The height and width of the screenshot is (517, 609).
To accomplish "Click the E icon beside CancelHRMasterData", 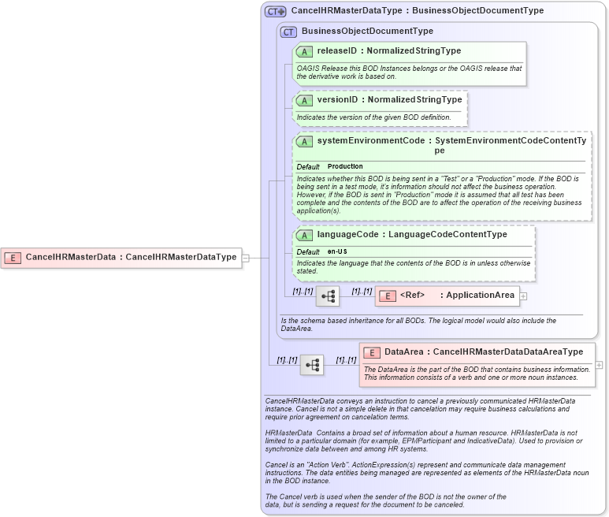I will (13, 257).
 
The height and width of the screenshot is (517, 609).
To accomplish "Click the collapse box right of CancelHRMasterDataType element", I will (246, 257).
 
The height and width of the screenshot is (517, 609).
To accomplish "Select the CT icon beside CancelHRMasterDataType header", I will (275, 12).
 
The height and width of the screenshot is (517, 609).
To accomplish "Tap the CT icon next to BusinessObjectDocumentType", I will (288, 32).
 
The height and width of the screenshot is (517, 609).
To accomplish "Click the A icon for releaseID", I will (303, 51).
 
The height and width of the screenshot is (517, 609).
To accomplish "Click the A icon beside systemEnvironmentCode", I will (303, 142).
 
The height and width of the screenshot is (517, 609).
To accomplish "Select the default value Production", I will (345, 167).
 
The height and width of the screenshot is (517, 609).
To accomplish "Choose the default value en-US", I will (337, 251).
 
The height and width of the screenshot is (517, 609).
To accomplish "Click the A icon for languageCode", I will (303, 235).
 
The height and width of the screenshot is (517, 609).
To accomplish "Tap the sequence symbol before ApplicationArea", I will (327, 296).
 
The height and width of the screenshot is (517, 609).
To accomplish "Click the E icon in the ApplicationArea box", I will (387, 296).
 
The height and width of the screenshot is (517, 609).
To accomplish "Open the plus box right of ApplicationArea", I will (523, 296).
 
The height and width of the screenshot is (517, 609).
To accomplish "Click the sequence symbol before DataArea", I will (312, 365).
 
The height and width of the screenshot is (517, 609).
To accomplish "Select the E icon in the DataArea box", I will (371, 352).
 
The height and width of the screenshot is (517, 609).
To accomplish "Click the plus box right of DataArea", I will (600, 365).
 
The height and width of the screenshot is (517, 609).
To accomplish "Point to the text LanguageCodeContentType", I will (447, 235).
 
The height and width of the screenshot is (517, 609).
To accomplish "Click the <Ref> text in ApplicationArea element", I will (412, 296).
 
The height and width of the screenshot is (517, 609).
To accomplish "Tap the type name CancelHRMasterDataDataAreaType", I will (508, 352).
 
